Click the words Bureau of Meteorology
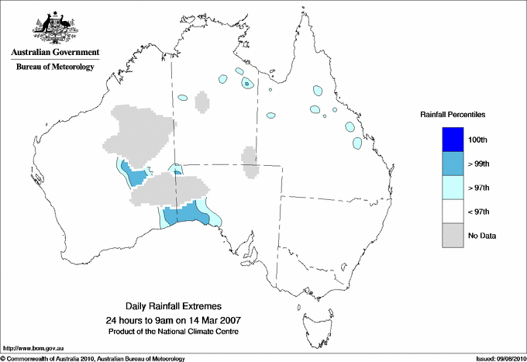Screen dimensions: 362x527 coord(55,67)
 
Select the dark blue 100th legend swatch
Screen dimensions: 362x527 coord(453,139)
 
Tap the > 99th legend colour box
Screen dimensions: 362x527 coord(453,163)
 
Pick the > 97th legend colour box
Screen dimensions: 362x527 coord(453,187)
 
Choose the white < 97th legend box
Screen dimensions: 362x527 coord(453,212)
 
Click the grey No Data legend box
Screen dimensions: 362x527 coord(453,236)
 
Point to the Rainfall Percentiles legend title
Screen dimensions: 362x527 coord(453,114)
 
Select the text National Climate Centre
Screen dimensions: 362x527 coord(205,331)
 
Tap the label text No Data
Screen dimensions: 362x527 coord(482,236)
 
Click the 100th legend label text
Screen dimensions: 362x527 coord(478,139)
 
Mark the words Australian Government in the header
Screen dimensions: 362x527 coord(55,53)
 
